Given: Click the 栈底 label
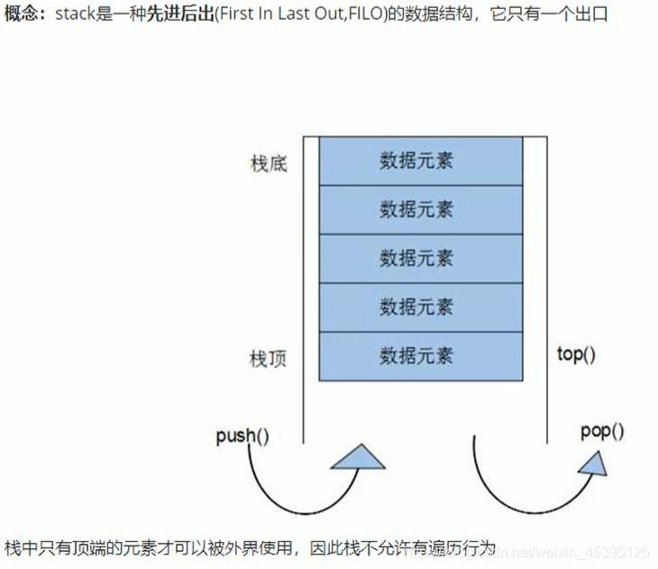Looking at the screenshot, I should click(x=269, y=164).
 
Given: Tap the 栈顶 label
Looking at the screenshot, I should click(x=269, y=358).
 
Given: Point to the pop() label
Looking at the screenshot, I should click(x=602, y=431).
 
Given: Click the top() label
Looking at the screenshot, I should click(x=577, y=354).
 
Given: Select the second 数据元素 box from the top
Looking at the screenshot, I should click(x=416, y=210).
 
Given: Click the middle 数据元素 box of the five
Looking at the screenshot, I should click(x=416, y=259).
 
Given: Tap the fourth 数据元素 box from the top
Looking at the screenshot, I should click(x=416, y=307).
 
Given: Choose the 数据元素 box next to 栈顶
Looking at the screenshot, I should click(x=416, y=356).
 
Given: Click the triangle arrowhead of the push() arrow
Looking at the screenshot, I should click(x=359, y=457).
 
